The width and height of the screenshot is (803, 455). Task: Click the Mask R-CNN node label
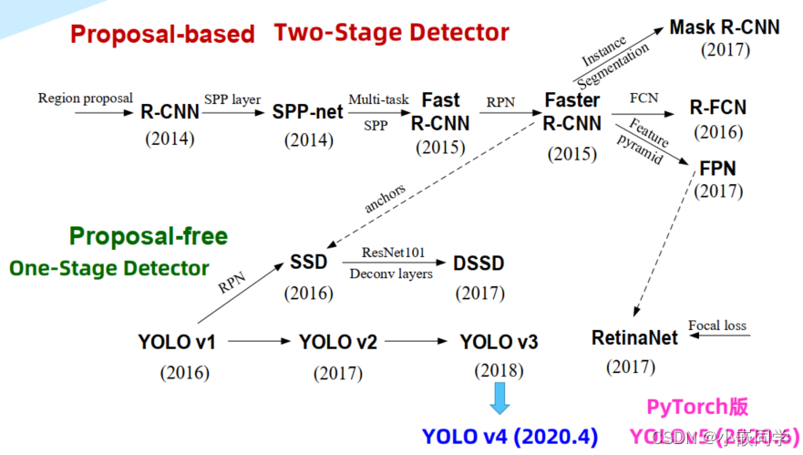(724, 27)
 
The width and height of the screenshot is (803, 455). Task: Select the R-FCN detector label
(717, 108)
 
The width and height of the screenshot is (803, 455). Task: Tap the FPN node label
(718, 169)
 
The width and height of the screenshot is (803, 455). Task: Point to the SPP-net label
(308, 112)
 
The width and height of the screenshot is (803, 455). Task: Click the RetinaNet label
(635, 338)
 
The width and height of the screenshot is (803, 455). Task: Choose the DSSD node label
(479, 264)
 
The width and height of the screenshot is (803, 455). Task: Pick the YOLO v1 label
(177, 343)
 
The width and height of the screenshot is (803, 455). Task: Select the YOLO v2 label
(338, 342)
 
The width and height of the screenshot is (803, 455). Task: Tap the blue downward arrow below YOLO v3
(499, 398)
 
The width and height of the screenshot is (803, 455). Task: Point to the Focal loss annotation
(716, 325)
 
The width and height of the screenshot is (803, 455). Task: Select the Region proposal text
(85, 98)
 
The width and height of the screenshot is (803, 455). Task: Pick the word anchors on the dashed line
(386, 197)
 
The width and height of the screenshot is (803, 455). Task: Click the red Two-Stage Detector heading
(392, 34)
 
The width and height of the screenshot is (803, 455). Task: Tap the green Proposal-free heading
(149, 236)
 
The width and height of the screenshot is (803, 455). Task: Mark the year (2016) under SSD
(308, 294)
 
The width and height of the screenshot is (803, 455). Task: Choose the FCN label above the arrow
(643, 98)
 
